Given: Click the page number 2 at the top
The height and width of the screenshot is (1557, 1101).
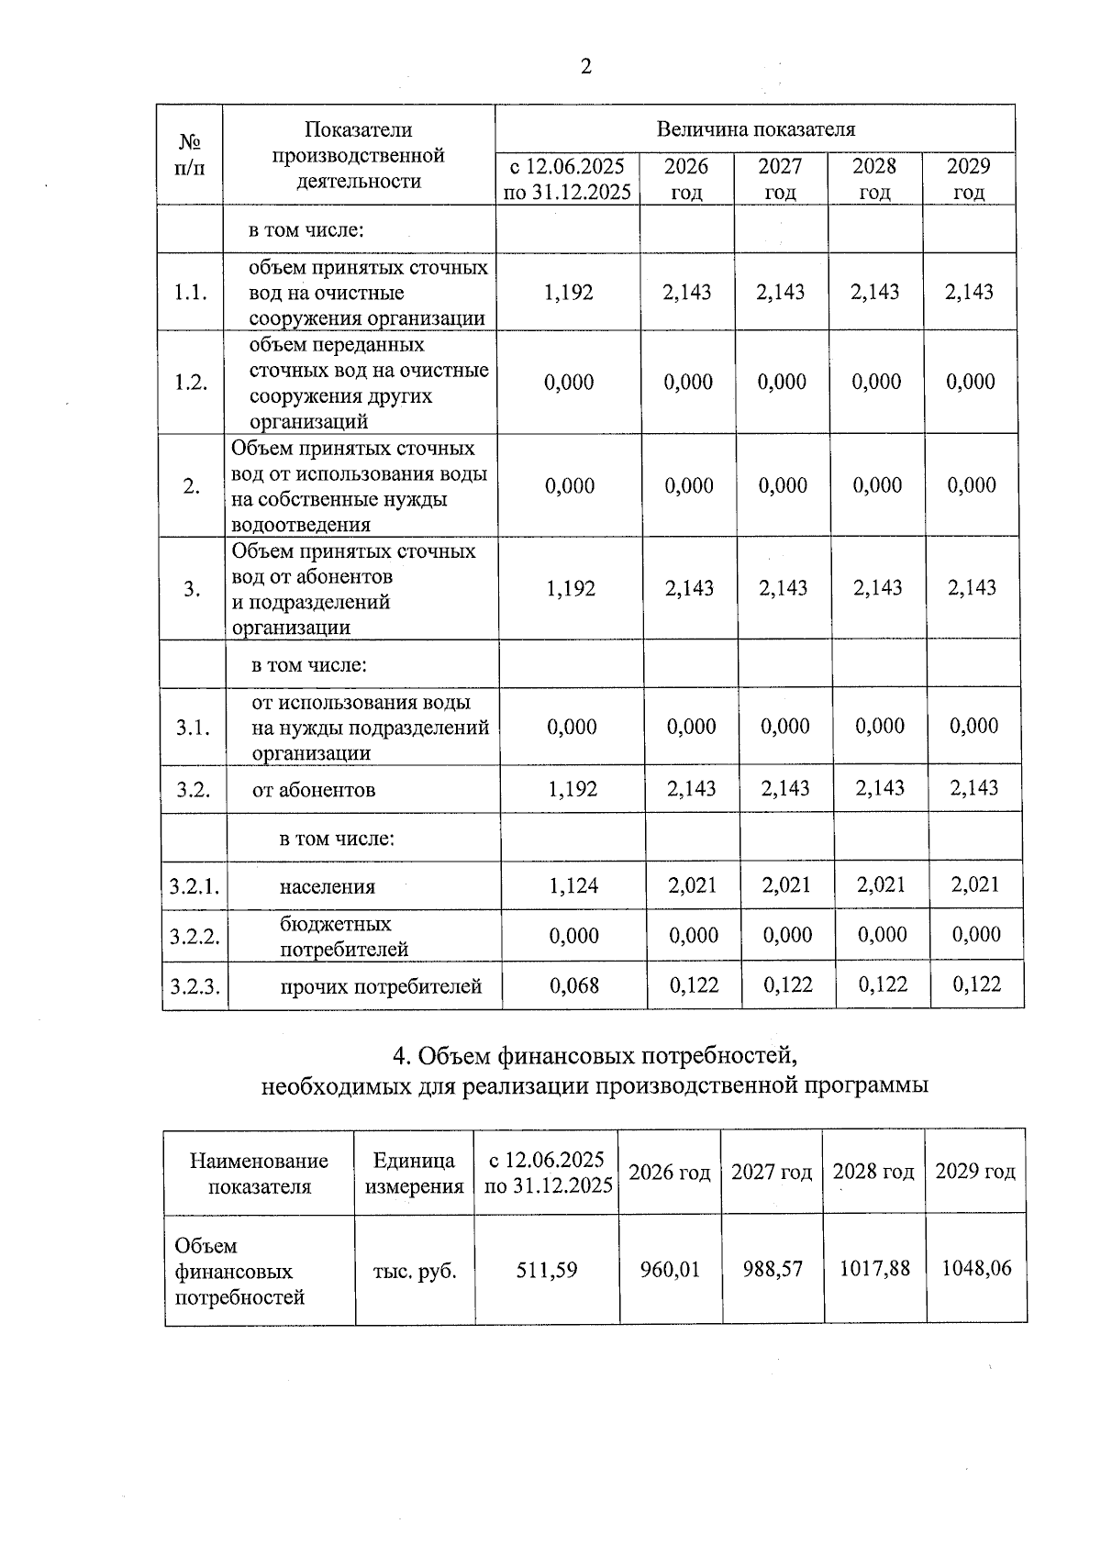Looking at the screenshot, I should coord(585,66).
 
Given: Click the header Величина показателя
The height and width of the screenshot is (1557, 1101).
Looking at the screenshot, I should coord(755,129).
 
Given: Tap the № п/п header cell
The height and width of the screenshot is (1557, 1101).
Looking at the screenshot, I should coord(190,155).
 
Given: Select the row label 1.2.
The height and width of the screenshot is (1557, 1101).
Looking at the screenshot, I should coord(191,383).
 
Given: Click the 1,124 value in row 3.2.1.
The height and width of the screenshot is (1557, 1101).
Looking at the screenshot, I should coord(573,885).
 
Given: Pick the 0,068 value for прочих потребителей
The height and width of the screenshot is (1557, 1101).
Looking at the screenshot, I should coord(574,985).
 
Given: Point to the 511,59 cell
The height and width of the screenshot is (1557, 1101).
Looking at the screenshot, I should coord(547,1271).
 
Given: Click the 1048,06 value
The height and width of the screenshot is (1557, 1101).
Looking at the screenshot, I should coord(976,1268).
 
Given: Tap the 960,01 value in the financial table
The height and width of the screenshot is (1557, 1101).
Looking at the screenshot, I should coord(670,1270).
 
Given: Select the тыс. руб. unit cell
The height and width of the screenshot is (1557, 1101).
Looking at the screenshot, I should coord(415,1272).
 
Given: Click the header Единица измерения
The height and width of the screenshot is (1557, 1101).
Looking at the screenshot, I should coord(415,1173).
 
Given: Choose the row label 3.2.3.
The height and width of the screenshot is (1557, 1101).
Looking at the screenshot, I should coord(195,987).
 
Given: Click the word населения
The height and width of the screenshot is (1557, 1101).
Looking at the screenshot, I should coord(328,887).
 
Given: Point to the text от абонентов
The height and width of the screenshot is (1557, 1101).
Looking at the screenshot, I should coord(314,790).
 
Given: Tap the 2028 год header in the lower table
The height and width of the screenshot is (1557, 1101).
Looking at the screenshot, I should coord(873,1172).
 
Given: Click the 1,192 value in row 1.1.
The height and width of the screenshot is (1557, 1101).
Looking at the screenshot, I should coord(569,293).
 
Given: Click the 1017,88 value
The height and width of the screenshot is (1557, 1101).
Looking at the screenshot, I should coord(874,1268).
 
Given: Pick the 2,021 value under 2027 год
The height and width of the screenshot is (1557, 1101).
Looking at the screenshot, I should coord(786,885).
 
